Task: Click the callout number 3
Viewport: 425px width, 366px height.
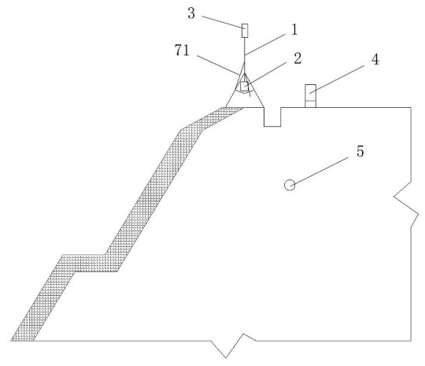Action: [191, 13]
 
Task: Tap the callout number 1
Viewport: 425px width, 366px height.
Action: [294, 29]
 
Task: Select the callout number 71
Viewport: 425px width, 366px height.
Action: [182, 50]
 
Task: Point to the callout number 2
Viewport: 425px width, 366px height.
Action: [297, 58]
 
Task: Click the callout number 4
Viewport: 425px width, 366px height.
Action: [375, 59]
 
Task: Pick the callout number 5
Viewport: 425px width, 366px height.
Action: [360, 151]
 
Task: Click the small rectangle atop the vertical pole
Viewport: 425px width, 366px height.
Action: [245, 31]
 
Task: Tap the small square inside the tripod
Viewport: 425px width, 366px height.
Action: [244, 87]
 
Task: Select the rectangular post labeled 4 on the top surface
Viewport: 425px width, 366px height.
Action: [310, 96]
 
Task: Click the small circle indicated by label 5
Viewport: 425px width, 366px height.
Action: [290, 185]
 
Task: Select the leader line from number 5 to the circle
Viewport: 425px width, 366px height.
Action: [320, 172]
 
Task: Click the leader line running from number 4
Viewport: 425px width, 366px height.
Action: [339, 79]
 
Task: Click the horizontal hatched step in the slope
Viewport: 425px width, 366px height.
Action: [90, 263]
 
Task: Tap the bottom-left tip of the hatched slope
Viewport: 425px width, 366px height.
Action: [11, 341]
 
